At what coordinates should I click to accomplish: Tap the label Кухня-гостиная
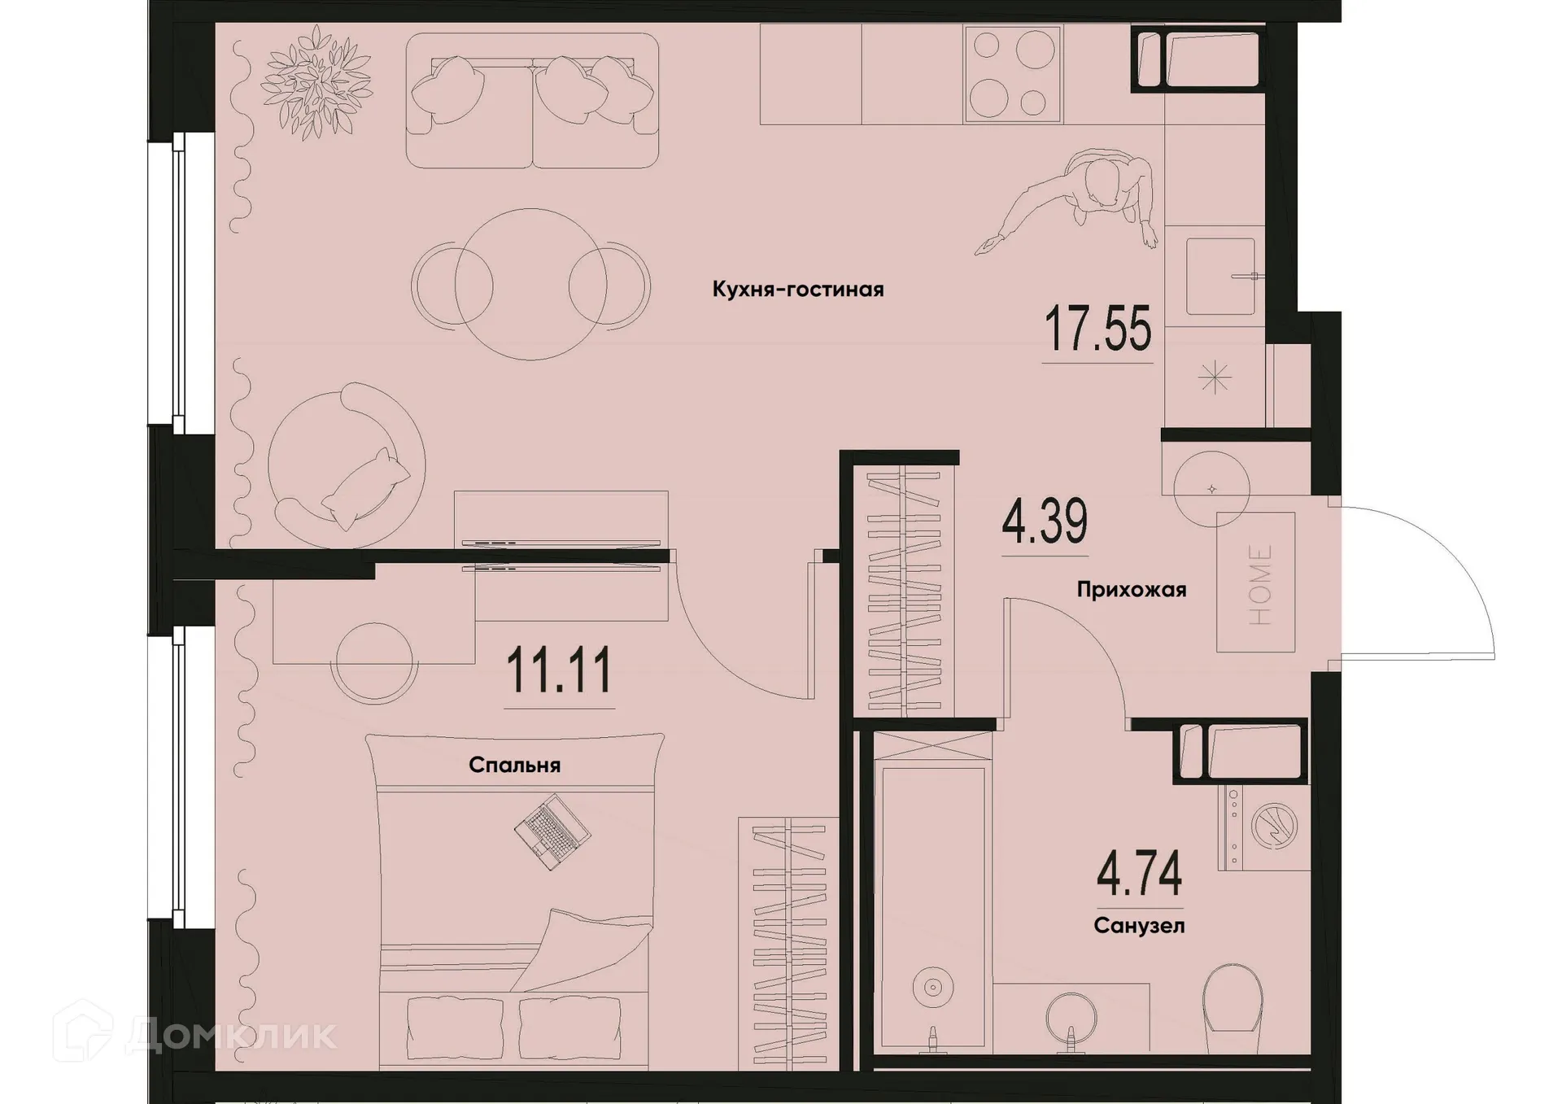[x=797, y=290]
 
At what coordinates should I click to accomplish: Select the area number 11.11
[x=559, y=671]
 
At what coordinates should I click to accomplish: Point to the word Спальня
[x=514, y=766]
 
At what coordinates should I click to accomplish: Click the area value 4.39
[x=1045, y=522]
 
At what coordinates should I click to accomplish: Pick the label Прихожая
[x=1131, y=590]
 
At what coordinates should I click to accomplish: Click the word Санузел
[x=1139, y=926]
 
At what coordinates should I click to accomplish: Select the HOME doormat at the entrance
[x=1255, y=583]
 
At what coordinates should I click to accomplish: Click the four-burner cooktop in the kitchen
[x=1013, y=73]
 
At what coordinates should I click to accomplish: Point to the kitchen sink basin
[x=1219, y=277]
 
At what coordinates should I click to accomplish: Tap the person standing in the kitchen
[x=1090, y=195]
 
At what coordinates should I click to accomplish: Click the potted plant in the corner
[x=316, y=81]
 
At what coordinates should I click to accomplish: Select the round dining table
[x=530, y=284]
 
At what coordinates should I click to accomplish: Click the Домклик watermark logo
[x=195, y=1034]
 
